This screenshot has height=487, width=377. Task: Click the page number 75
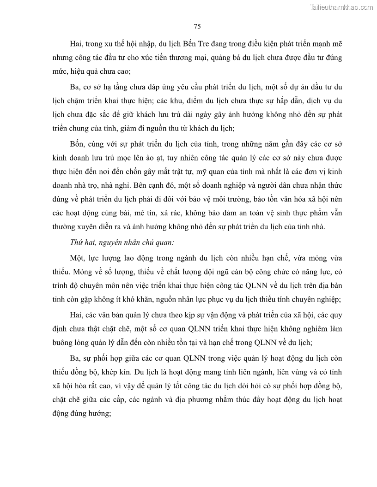197,26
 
